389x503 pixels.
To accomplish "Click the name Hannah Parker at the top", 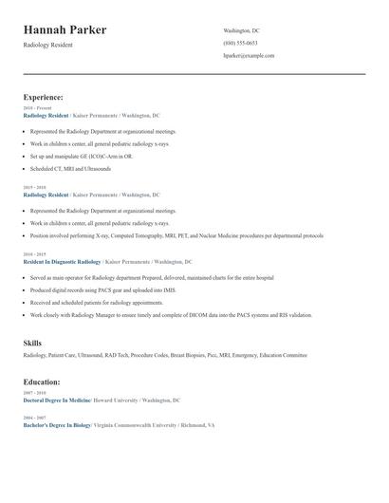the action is pyautogui.click(x=65, y=29).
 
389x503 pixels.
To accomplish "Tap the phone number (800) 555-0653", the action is pyautogui.click(x=240, y=43).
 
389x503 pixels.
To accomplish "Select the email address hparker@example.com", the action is pyautogui.click(x=249, y=55).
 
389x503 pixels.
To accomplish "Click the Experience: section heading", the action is pyautogui.click(x=43, y=97).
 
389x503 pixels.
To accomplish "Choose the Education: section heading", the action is pyautogui.click(x=42, y=382).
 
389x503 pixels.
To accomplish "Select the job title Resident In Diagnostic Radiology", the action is pyautogui.click(x=62, y=261).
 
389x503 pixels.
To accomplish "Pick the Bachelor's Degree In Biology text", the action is pyautogui.click(x=57, y=425).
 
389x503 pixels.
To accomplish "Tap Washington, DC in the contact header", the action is pyautogui.click(x=241, y=30).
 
